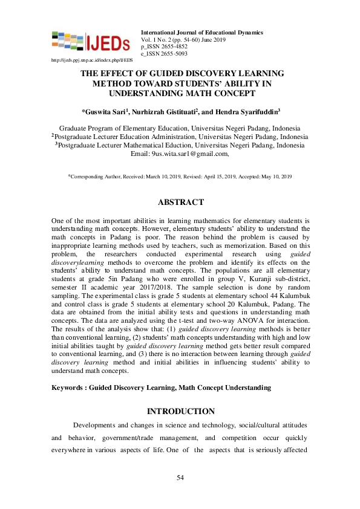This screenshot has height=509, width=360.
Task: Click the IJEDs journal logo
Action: [91, 42]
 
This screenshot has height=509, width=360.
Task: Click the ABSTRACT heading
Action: [180, 203]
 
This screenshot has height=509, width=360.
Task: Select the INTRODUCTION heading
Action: [180, 412]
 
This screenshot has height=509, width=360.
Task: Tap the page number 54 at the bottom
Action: [180, 478]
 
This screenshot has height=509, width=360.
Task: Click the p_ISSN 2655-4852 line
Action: [164, 46]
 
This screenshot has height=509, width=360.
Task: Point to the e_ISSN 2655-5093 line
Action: [164, 53]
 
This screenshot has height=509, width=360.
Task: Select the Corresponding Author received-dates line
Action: [180, 176]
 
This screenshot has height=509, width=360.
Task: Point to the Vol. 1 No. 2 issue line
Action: [182, 39]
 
